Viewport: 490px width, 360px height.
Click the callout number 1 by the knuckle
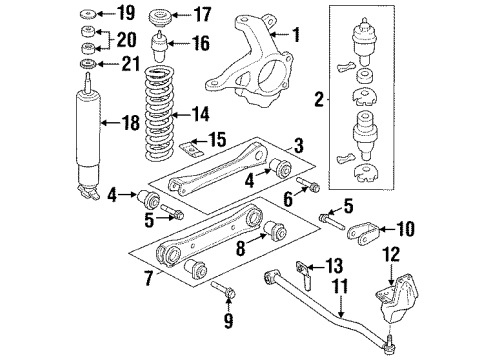tap(295, 34)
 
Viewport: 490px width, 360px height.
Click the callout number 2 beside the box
tap(319, 99)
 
